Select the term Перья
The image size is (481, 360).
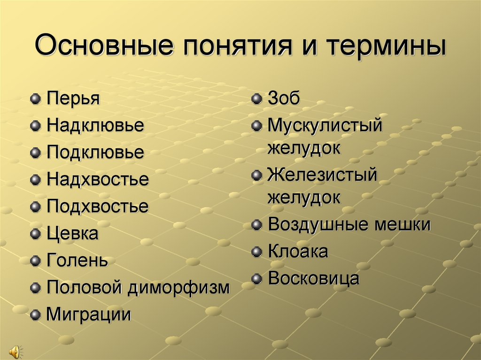(73, 99)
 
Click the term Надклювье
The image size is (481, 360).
(95, 125)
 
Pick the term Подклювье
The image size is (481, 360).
(95, 152)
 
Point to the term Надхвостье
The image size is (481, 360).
(98, 179)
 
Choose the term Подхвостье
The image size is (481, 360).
(98, 206)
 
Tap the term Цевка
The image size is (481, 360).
(73, 233)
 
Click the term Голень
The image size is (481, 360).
(78, 260)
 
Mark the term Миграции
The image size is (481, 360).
(89, 314)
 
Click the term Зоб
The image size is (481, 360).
(284, 99)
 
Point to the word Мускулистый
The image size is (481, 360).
(325, 125)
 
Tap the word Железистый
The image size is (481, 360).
(323, 175)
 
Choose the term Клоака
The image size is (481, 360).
(298, 252)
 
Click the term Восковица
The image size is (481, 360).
(314, 278)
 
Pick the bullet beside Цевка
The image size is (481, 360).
(35, 234)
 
